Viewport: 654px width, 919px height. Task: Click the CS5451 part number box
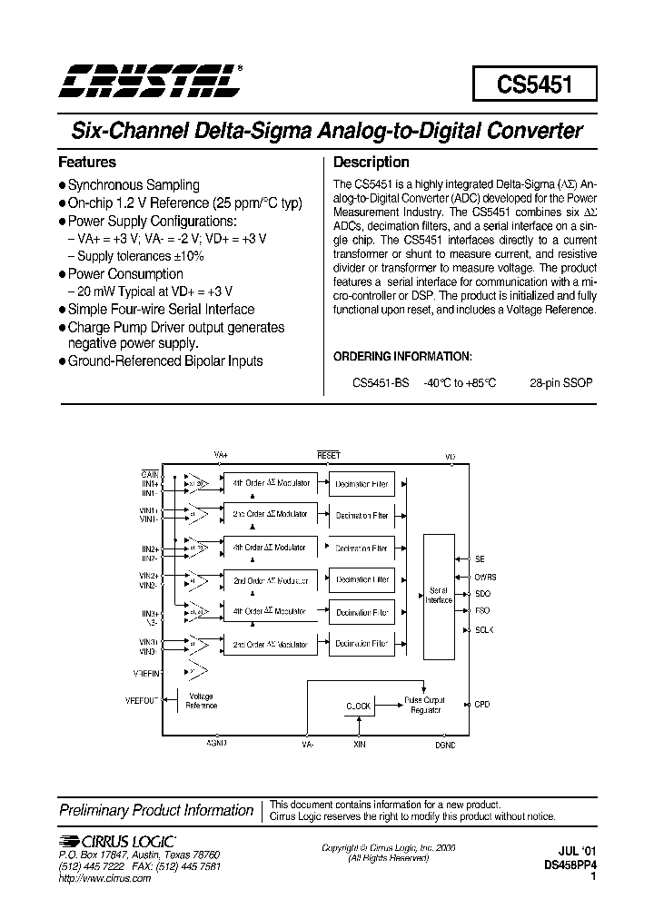(534, 84)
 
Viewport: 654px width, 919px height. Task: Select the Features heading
(87, 163)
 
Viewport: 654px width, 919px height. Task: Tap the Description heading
(372, 163)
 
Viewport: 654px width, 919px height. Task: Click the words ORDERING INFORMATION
(402, 356)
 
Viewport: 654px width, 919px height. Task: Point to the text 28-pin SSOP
(561, 383)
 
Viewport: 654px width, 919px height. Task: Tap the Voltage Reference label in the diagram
(202, 700)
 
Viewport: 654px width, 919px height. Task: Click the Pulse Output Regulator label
(425, 705)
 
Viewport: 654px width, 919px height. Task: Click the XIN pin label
(360, 744)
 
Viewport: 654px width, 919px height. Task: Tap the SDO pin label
(481, 593)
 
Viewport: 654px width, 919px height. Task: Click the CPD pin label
(481, 704)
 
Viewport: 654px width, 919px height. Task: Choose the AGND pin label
(217, 744)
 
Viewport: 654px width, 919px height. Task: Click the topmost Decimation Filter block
(362, 484)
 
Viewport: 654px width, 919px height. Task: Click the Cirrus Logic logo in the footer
(117, 842)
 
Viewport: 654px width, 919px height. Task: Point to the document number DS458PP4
(571, 866)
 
